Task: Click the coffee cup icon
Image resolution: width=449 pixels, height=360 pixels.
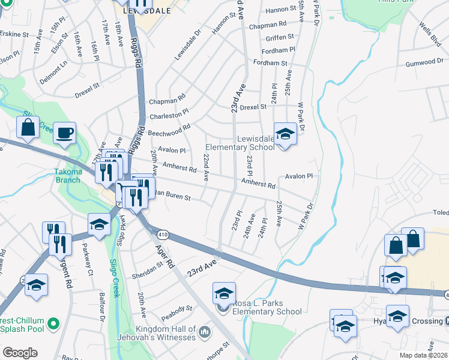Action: point(64,133)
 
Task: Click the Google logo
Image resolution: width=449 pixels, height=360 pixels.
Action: point(20,353)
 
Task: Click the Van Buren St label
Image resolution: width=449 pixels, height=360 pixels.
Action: point(171,196)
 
